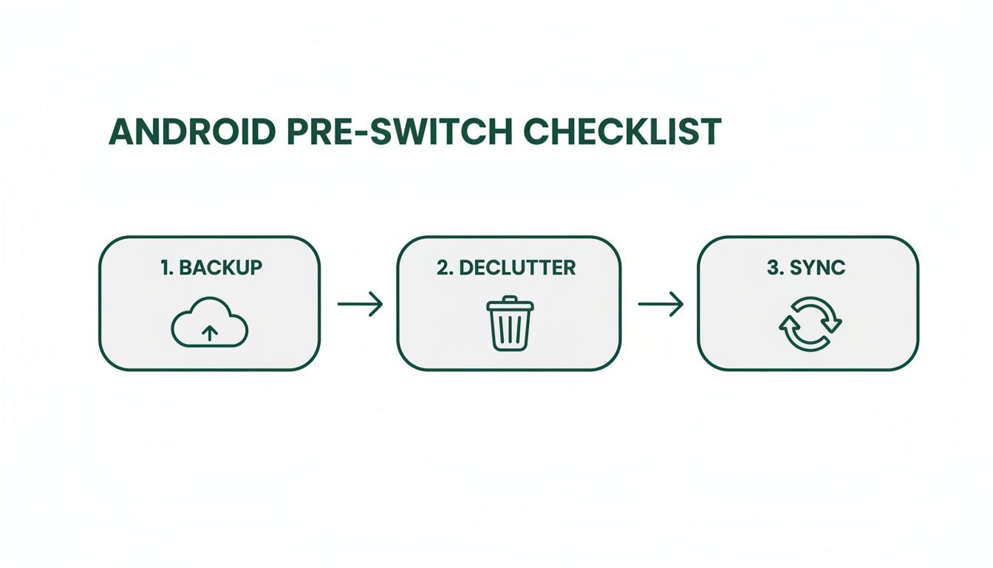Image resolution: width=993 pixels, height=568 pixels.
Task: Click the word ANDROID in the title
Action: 195,132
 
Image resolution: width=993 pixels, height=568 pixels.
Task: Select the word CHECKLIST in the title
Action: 622,132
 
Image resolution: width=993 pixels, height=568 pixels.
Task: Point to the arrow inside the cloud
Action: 210,333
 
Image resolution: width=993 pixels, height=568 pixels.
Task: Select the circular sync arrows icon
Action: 811,323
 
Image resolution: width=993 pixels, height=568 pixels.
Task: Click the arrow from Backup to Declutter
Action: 360,304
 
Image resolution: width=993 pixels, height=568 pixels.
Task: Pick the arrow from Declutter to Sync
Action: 661,304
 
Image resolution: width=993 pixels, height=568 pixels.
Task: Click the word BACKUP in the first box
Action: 220,268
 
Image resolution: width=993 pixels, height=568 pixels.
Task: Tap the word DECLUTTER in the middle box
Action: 516,268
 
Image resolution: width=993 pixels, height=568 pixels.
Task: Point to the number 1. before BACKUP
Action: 166,268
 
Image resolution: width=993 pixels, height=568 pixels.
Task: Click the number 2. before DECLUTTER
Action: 445,268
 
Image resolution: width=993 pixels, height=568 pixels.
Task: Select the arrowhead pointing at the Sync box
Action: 678,304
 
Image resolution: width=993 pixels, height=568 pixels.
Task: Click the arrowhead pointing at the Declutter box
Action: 377,304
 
